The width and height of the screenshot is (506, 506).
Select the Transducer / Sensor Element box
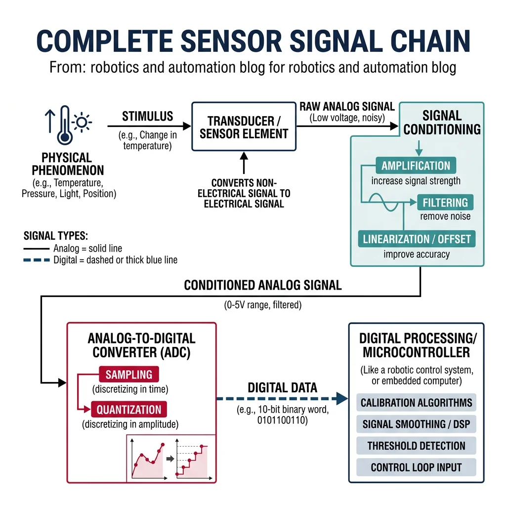pos(244,127)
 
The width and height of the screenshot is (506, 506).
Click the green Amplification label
pos(416,166)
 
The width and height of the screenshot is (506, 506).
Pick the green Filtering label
pos(445,203)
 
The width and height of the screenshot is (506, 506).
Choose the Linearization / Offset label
pos(417,239)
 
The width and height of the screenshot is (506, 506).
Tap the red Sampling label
pos(128,374)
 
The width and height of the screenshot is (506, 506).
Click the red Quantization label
pos(128,410)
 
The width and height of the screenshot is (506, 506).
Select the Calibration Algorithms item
pos(416,403)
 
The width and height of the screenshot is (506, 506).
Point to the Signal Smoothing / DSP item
pos(416,424)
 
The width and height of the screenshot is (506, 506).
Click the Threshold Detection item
pos(416,446)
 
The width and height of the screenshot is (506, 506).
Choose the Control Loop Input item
pos(416,467)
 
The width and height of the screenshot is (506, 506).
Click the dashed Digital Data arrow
pos(282,398)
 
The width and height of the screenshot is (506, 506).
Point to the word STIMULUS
pos(148,117)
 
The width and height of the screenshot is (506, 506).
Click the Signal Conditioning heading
pos(442,123)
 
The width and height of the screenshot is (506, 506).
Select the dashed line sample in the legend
pos(37,260)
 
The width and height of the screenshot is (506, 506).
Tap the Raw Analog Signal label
pos(347,107)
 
